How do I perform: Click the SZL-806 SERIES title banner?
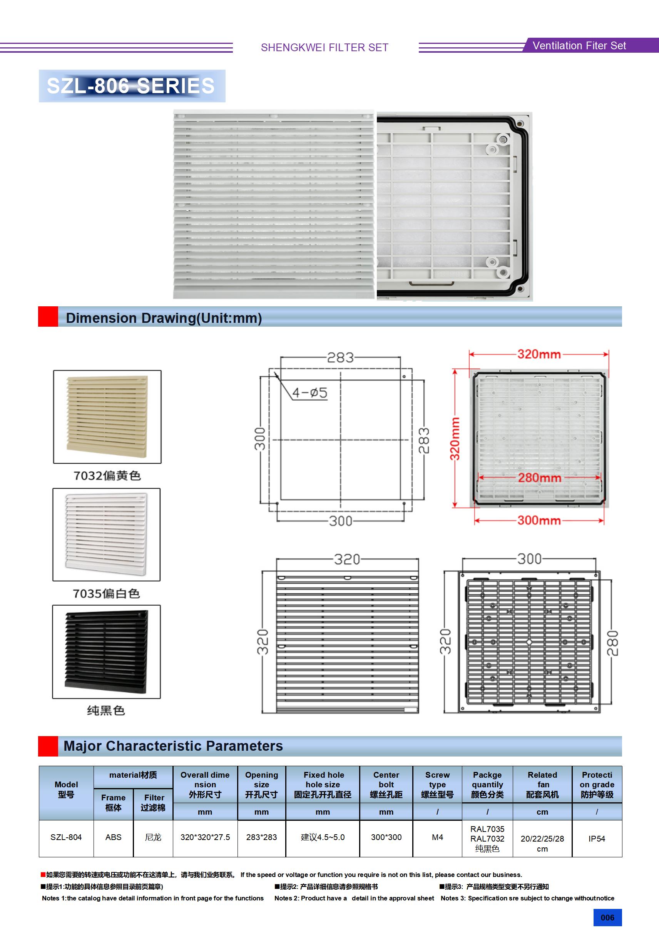(x=131, y=86)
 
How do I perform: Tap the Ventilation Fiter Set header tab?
(x=579, y=45)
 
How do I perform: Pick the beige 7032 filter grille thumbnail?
(x=107, y=416)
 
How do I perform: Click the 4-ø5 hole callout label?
(x=310, y=392)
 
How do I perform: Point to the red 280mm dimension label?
(x=539, y=478)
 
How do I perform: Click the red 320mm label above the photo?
(x=539, y=354)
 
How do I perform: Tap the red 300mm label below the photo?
(x=539, y=520)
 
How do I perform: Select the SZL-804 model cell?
(x=66, y=837)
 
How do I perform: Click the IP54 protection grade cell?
(x=597, y=838)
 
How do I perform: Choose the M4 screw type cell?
(x=437, y=837)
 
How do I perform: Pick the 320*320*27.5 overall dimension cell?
(x=205, y=837)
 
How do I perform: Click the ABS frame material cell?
(x=114, y=837)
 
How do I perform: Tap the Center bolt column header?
(x=386, y=785)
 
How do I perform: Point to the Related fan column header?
(x=542, y=785)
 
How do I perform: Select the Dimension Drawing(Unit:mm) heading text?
(x=164, y=318)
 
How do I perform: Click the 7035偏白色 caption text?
(x=107, y=593)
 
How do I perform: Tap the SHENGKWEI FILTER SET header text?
(x=324, y=47)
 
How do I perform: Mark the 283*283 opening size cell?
(x=262, y=837)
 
